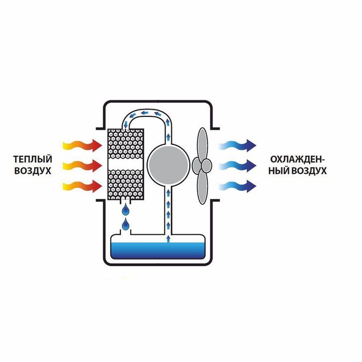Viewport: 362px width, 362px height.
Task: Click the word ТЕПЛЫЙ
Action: pos(33,159)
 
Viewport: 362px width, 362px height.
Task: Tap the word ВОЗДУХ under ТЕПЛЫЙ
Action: pos(33,171)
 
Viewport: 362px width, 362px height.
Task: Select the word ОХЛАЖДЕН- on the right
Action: pos(297,159)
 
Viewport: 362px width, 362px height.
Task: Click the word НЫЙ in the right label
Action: pos(278,171)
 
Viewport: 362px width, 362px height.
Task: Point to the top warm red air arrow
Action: pos(82,146)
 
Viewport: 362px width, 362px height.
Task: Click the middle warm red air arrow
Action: pos(82,165)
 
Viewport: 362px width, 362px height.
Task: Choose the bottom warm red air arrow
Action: pos(82,186)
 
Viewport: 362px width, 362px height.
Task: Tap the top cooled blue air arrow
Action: pos(238,146)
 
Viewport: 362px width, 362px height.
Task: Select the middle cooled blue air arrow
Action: pos(238,165)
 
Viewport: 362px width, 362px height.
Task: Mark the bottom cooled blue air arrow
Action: pos(238,186)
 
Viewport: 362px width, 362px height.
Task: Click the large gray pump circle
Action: pos(169,165)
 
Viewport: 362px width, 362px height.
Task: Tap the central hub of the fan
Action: pos(206,165)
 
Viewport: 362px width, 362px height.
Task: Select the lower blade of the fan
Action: pos(203,187)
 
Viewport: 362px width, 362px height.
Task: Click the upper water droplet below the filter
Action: pos(126,209)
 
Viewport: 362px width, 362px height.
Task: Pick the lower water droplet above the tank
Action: pos(126,224)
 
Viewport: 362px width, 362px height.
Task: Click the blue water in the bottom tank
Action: pos(158,251)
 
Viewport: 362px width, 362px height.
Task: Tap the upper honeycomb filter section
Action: pos(126,144)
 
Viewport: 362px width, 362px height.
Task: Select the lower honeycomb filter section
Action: pos(126,184)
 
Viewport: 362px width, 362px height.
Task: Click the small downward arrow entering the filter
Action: pos(126,125)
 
